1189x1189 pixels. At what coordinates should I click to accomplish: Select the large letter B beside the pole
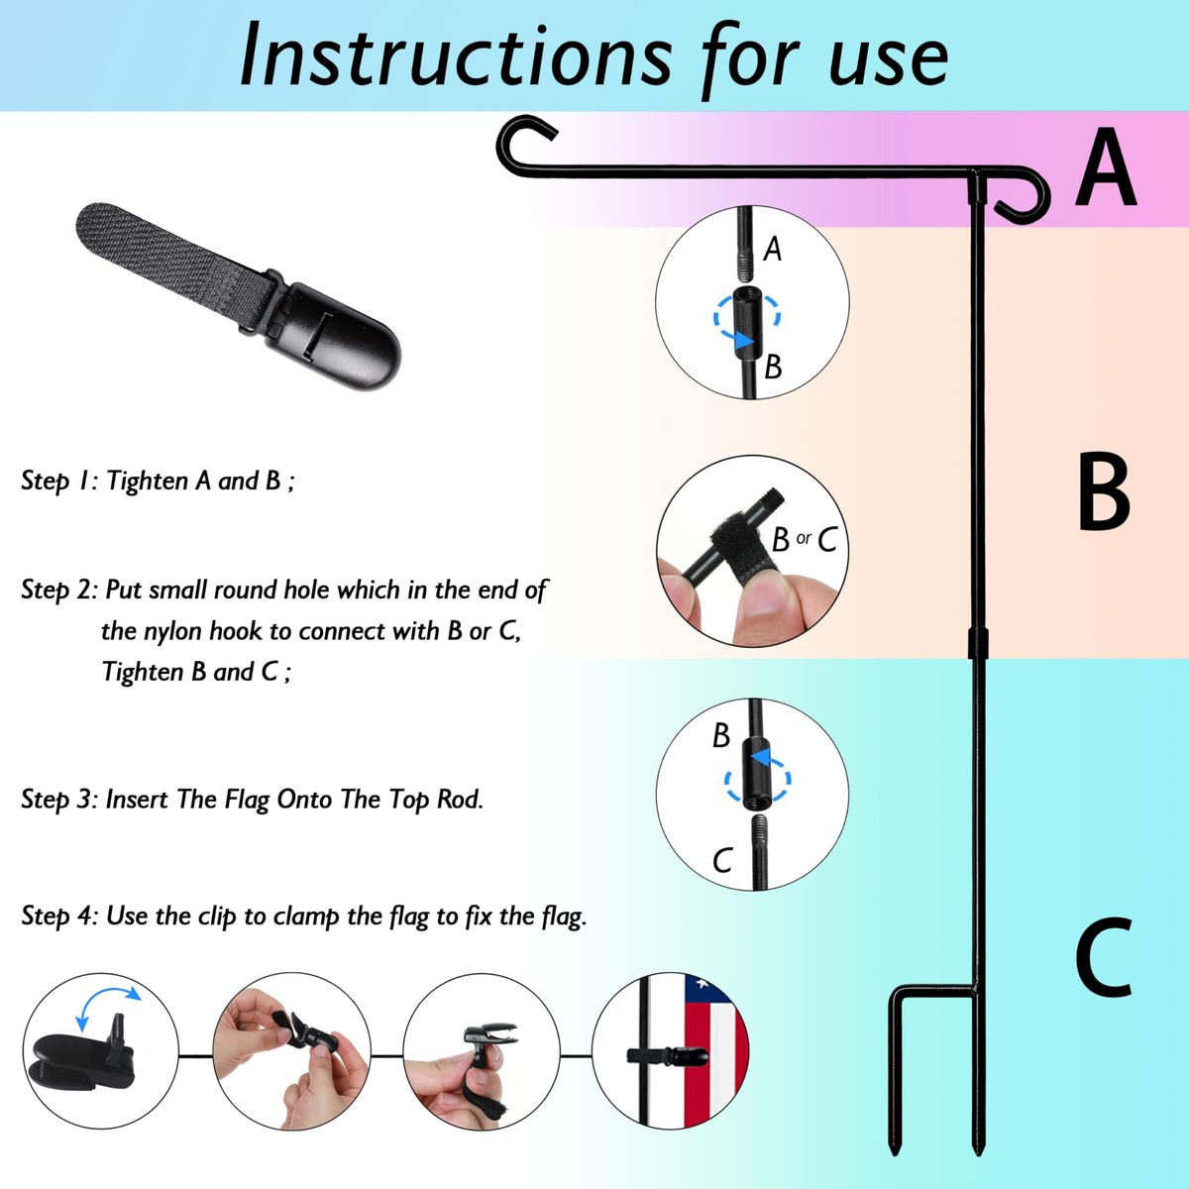click(1105, 491)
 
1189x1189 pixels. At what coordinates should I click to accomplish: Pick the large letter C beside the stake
click(1104, 956)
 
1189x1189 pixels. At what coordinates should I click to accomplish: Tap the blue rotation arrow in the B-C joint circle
click(758, 777)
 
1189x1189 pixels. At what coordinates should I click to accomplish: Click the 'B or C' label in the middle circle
click(804, 539)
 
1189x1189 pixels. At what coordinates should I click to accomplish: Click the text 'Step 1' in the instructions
click(55, 482)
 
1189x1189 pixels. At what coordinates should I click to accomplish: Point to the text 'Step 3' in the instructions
click(56, 801)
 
